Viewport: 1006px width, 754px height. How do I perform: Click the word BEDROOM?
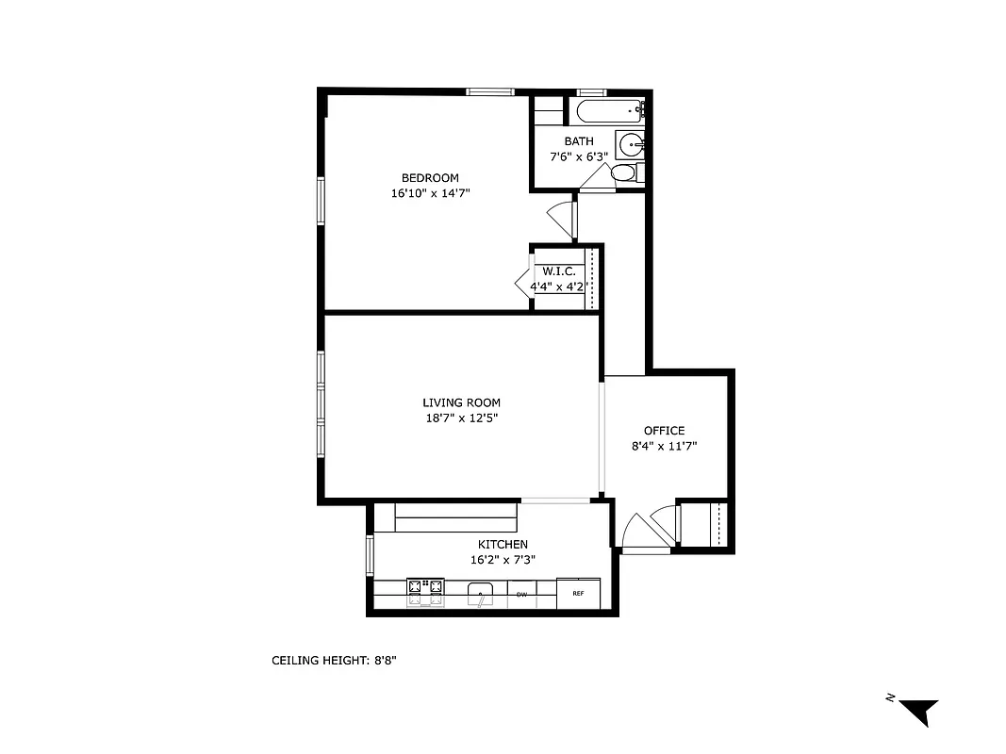(x=430, y=178)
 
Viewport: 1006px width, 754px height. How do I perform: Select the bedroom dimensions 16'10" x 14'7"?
(x=430, y=193)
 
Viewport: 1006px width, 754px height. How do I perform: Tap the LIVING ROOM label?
(x=461, y=402)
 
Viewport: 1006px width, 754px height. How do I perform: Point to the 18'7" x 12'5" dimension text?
(x=461, y=418)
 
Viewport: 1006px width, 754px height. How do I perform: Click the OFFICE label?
(x=664, y=431)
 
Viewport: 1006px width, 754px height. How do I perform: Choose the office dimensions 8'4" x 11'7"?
(x=664, y=446)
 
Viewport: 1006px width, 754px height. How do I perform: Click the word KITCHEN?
(x=503, y=544)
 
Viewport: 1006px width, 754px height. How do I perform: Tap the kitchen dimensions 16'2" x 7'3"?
(x=503, y=559)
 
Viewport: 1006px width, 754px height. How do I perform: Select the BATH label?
(x=579, y=141)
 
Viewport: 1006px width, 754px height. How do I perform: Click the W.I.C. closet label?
(x=558, y=271)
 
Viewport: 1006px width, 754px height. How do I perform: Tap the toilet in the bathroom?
(x=624, y=173)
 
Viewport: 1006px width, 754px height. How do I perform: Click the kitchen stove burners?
(x=425, y=591)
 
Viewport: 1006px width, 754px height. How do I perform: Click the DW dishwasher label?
(x=520, y=594)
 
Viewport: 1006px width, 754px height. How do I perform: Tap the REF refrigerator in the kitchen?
(x=577, y=594)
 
